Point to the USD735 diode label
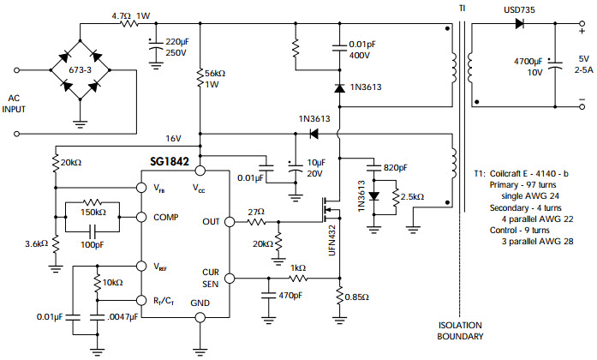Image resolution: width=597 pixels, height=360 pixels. tap(518, 9)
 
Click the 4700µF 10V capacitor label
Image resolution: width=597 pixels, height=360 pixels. tap(529, 67)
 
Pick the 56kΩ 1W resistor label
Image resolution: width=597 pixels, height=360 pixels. tap(218, 80)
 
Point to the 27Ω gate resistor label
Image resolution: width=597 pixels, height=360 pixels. tap(254, 210)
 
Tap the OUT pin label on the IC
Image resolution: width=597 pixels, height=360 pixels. tap(211, 221)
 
